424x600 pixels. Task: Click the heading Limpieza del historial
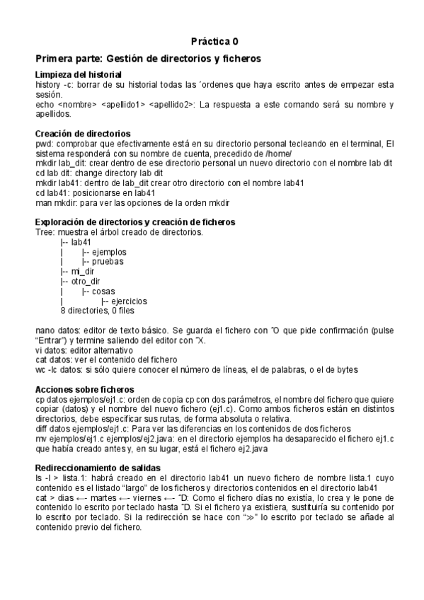[x=78, y=74]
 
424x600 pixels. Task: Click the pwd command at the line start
[x=43, y=144]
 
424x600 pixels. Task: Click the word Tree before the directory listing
[x=45, y=232]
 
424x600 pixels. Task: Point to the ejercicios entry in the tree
[x=128, y=301]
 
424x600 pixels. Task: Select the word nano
[x=45, y=330]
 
